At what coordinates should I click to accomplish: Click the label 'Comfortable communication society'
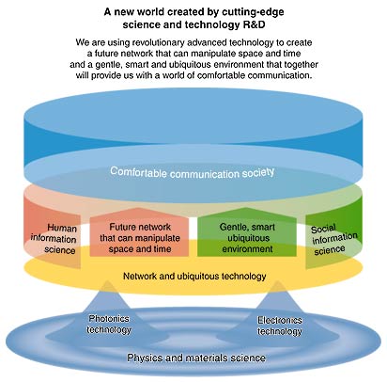click(193, 172)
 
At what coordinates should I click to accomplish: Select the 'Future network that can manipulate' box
click(139, 232)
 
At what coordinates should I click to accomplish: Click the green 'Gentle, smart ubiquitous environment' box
click(247, 232)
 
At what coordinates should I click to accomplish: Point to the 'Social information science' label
click(333, 240)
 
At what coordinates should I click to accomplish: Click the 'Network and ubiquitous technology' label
click(194, 277)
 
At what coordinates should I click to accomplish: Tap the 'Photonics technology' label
click(109, 325)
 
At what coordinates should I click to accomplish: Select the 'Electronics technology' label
click(280, 326)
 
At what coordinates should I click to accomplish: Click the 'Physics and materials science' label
click(196, 358)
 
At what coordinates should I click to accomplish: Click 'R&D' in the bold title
click(254, 24)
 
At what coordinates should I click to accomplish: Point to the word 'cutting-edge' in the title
click(253, 12)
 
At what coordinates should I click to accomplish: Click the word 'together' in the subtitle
click(302, 65)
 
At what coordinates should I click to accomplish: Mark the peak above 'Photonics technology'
click(107, 281)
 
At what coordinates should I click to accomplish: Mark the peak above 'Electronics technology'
click(278, 281)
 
